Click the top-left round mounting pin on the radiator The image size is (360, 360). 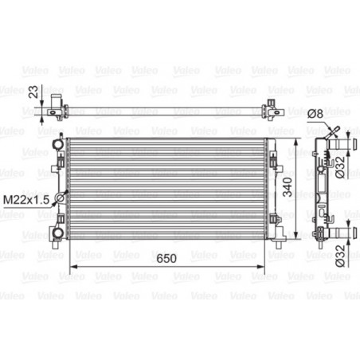click(x=56, y=142)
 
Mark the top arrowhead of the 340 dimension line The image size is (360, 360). click(x=297, y=139)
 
